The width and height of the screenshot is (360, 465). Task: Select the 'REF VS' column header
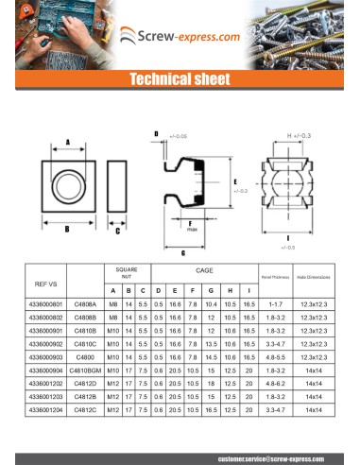[x=46, y=283]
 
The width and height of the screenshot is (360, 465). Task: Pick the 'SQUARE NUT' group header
[x=127, y=271]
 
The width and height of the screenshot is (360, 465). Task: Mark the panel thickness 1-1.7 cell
[x=276, y=305]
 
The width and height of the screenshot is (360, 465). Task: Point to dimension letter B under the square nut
[x=67, y=229]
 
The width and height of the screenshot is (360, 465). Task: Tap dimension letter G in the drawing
[x=182, y=253]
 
